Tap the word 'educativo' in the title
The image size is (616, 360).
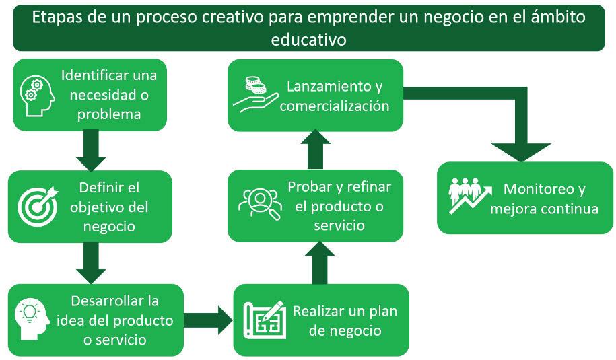[308, 40]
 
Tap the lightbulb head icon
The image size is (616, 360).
[32, 317]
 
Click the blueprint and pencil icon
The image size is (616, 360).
[264, 320]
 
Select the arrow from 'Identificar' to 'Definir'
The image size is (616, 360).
[91, 150]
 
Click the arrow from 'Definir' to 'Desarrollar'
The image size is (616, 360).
[91, 262]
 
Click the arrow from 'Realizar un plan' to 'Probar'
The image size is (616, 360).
[320, 263]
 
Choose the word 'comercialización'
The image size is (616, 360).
[335, 106]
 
